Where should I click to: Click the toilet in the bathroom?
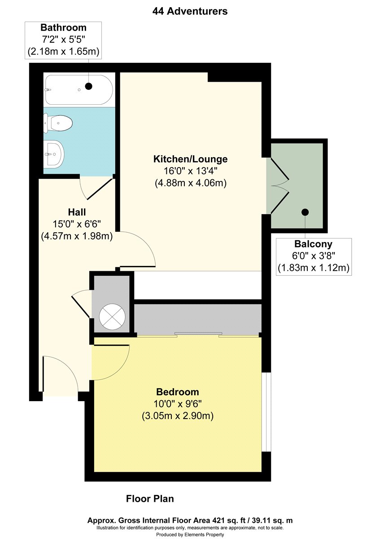[58, 123]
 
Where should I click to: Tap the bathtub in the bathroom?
[79, 90]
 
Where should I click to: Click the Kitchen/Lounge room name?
[190, 159]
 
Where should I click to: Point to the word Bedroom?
[177, 392]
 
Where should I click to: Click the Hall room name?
[77, 212]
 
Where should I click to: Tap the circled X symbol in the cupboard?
[112, 317]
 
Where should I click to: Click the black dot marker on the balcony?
[305, 212]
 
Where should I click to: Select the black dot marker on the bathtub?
[89, 86]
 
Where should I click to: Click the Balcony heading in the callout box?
[314, 244]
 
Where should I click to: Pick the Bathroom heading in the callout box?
[63, 28]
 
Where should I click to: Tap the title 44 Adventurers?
[190, 11]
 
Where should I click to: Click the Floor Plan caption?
[150, 499]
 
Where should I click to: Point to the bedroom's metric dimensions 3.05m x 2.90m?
[178, 416]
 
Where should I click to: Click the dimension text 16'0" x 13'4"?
[190, 171]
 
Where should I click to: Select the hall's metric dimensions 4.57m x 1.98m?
[77, 236]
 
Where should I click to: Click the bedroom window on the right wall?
[266, 412]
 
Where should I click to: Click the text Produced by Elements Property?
[190, 535]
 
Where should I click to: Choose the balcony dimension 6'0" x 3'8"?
[314, 256]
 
